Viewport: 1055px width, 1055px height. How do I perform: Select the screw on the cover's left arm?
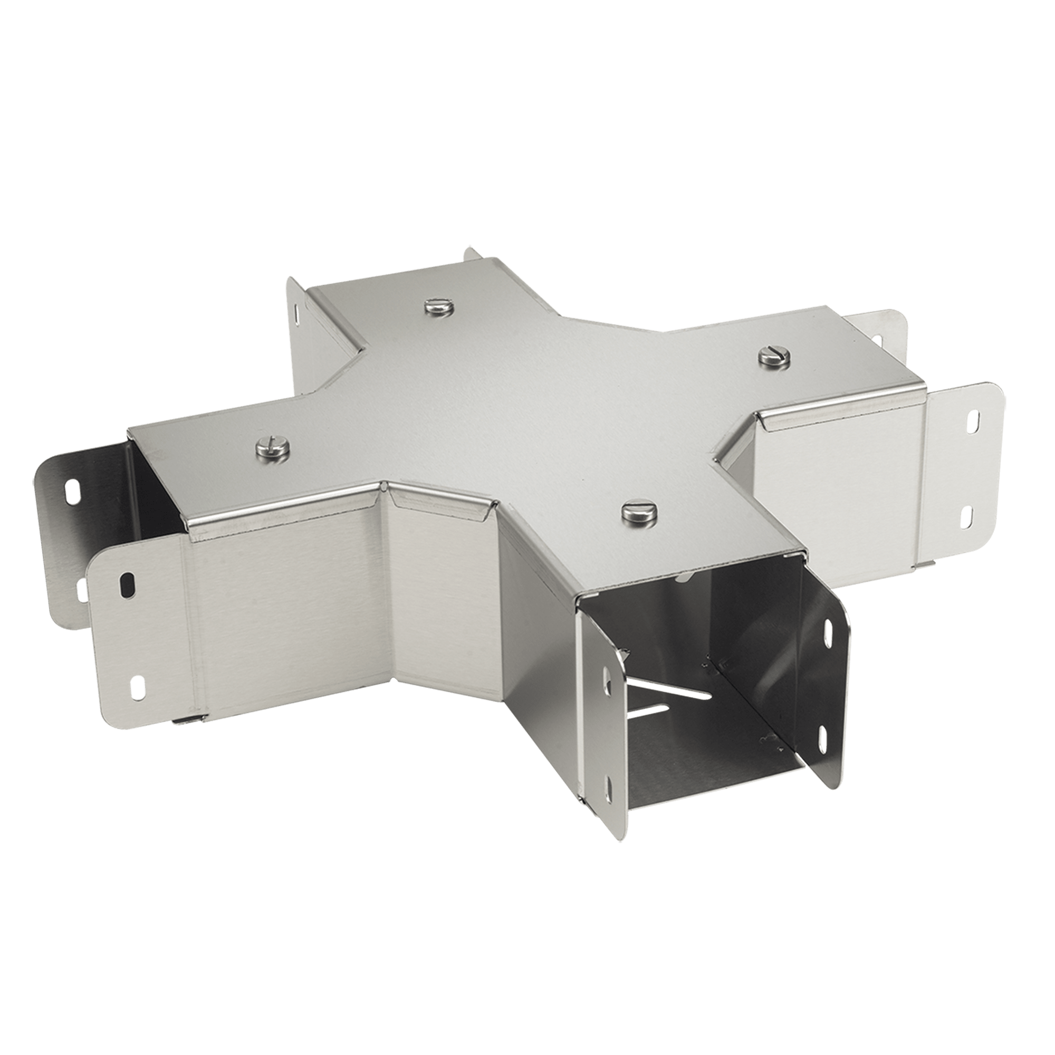point(271,449)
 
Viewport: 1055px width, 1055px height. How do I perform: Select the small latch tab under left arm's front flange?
point(188,720)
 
